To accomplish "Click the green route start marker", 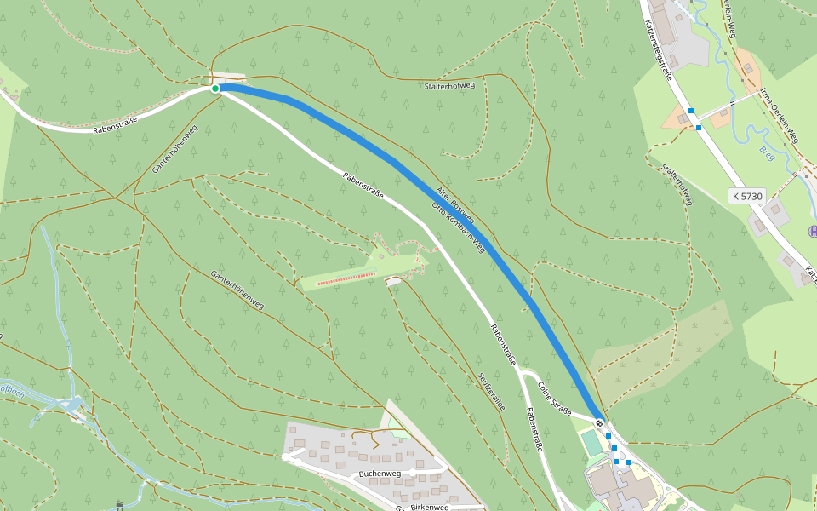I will (215, 89).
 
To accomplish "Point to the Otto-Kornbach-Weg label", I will (458, 227).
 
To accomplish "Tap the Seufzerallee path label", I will (492, 393).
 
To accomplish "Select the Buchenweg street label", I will (380, 474).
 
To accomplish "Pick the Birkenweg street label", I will (429, 507).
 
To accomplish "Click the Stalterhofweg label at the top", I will (448, 86).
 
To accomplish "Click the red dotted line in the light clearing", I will (346, 278).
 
